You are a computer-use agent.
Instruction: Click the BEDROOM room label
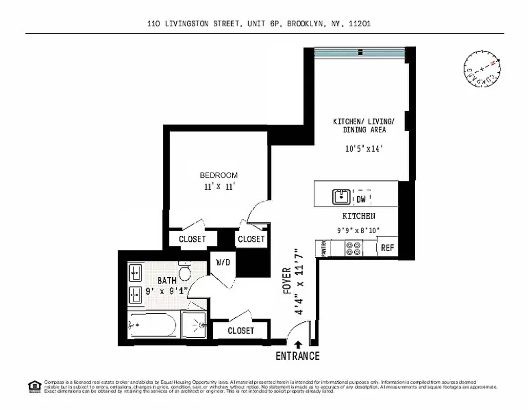(219, 175)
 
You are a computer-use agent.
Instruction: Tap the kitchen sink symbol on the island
(341, 196)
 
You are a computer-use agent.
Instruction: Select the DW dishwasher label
(361, 199)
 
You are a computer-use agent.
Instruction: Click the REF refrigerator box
(388, 248)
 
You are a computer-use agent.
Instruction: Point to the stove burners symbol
(353, 249)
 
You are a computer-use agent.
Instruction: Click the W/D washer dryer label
(222, 262)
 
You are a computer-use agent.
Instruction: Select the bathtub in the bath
(152, 325)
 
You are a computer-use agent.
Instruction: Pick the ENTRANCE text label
(297, 356)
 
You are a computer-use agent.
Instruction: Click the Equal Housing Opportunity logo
(34, 386)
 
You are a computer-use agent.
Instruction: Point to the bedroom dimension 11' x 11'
(219, 187)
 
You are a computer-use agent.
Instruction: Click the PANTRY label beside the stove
(324, 249)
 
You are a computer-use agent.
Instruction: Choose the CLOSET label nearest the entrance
(240, 331)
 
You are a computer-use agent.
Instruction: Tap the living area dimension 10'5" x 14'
(363, 149)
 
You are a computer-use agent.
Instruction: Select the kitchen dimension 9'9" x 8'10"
(359, 231)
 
